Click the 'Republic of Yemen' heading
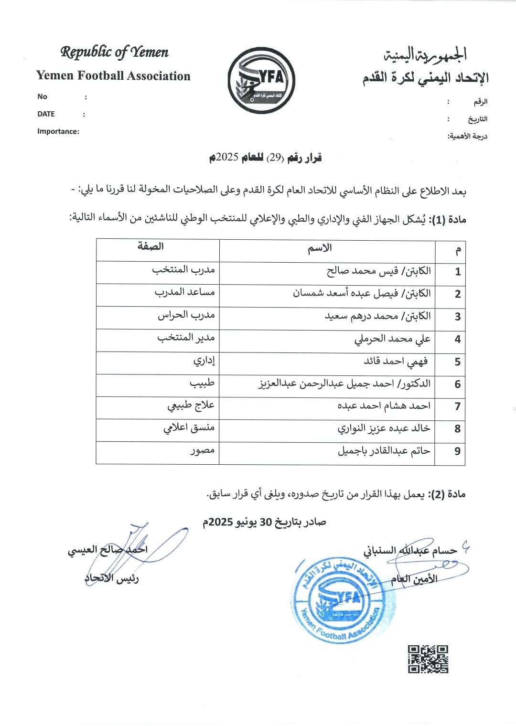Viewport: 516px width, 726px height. [x=114, y=52]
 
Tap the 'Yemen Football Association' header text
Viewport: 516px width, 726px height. [x=113, y=76]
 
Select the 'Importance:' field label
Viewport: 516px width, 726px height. [x=58, y=131]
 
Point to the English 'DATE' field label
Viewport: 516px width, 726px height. [x=46, y=114]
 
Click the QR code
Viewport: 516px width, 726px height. [x=428, y=659]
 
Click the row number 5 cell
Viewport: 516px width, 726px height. [x=457, y=362]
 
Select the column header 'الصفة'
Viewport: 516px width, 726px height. [x=150, y=246]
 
